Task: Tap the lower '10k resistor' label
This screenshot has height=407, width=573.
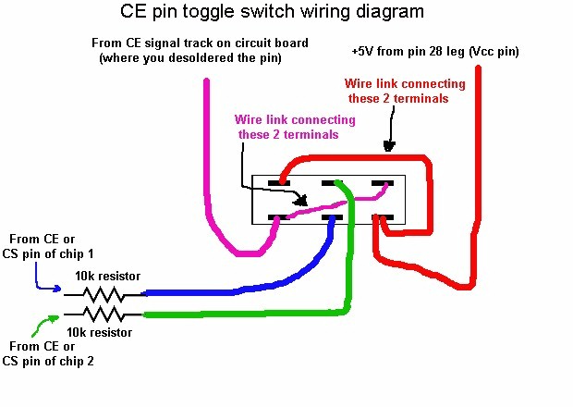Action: tap(98, 332)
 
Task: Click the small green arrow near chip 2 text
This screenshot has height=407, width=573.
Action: tap(42, 325)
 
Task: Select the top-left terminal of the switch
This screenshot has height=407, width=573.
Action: tap(274, 183)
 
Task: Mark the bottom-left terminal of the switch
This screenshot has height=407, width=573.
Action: tap(274, 217)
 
